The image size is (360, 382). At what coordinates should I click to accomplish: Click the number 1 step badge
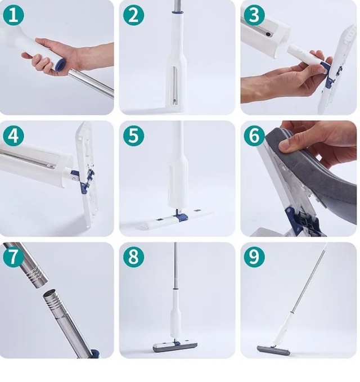click(13, 15)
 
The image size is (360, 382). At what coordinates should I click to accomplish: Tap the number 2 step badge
click(133, 15)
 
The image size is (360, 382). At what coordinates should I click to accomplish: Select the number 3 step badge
click(254, 15)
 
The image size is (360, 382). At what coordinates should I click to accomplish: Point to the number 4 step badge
click(13, 136)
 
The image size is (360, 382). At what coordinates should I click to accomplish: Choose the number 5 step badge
click(133, 136)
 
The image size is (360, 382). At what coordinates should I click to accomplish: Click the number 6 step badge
click(254, 136)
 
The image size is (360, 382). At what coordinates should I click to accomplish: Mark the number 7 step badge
click(13, 257)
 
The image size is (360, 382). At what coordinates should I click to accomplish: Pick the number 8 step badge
click(133, 257)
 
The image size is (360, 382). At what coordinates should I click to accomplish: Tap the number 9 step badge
click(254, 257)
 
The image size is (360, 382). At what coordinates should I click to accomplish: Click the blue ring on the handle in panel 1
click(61, 65)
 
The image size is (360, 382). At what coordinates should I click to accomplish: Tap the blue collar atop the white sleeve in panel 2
click(177, 12)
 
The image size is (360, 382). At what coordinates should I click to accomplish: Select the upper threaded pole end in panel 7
click(37, 278)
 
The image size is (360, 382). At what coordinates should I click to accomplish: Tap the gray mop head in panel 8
click(175, 347)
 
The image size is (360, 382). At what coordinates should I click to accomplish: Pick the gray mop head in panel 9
click(273, 350)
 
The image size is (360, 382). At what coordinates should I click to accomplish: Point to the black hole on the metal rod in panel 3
click(268, 34)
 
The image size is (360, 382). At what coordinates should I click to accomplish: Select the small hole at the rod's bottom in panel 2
click(174, 100)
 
